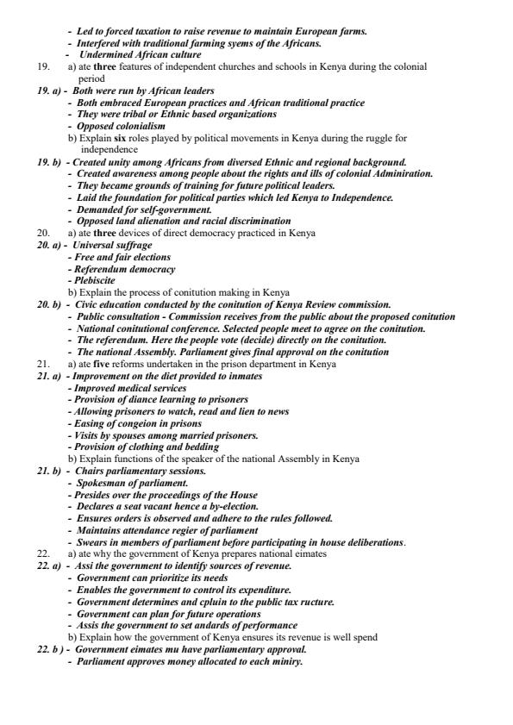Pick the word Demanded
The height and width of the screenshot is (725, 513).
(x=101, y=209)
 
